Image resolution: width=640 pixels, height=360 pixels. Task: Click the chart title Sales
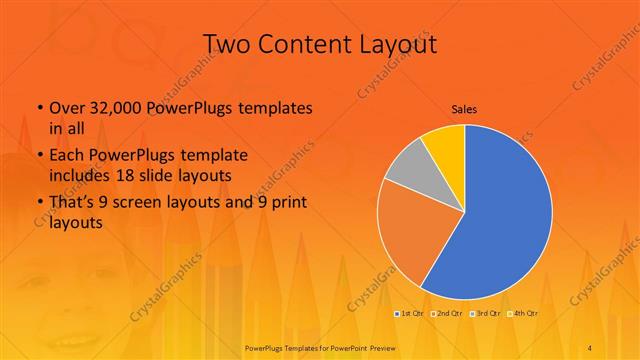[x=464, y=108]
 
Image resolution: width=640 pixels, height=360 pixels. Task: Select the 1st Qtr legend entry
[x=408, y=314]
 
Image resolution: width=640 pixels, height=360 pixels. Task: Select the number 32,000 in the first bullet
[x=110, y=108]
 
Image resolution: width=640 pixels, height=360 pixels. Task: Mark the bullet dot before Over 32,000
[x=38, y=108]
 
